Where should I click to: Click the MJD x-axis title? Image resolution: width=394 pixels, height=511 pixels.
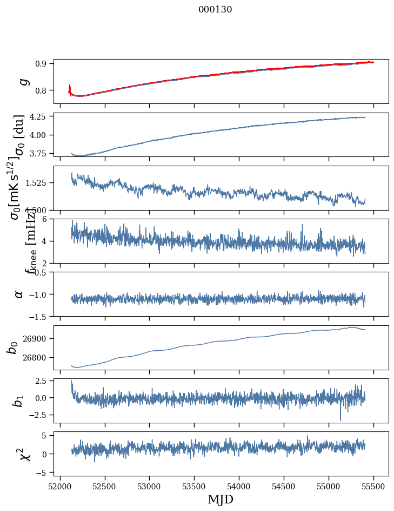pyautogui.click(x=221, y=499)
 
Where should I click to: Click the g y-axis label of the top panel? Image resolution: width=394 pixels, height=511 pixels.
pyautogui.click(x=23, y=81)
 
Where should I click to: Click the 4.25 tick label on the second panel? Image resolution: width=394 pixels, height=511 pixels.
pyautogui.click(x=38, y=116)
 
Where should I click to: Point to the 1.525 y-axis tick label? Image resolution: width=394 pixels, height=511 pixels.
pyautogui.click(x=36, y=183)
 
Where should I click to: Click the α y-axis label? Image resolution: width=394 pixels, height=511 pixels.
pyautogui.click(x=19, y=293)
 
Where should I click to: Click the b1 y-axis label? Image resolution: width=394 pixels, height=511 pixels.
pyautogui.click(x=19, y=401)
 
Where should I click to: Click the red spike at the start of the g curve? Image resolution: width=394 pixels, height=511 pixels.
pyautogui.click(x=70, y=88)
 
